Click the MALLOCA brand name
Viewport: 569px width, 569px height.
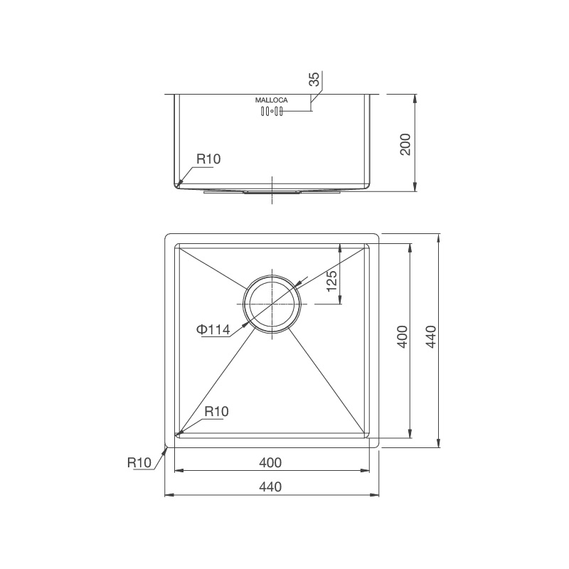click(x=271, y=101)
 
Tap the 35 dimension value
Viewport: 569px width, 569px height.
click(x=314, y=78)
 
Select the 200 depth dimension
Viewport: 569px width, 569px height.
click(x=406, y=144)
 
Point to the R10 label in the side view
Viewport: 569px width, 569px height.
click(x=208, y=159)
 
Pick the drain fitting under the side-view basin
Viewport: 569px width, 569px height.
click(x=272, y=191)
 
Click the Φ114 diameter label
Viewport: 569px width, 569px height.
click(x=213, y=329)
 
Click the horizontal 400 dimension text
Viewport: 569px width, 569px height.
click(x=270, y=462)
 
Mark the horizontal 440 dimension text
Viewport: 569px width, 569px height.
click(x=270, y=487)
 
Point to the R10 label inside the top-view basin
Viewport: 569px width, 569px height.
click(x=216, y=411)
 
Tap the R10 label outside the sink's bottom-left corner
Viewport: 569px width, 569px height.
click(x=139, y=462)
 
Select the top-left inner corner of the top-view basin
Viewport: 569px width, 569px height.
click(x=176, y=245)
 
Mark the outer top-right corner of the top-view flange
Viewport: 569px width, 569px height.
click(x=378, y=233)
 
